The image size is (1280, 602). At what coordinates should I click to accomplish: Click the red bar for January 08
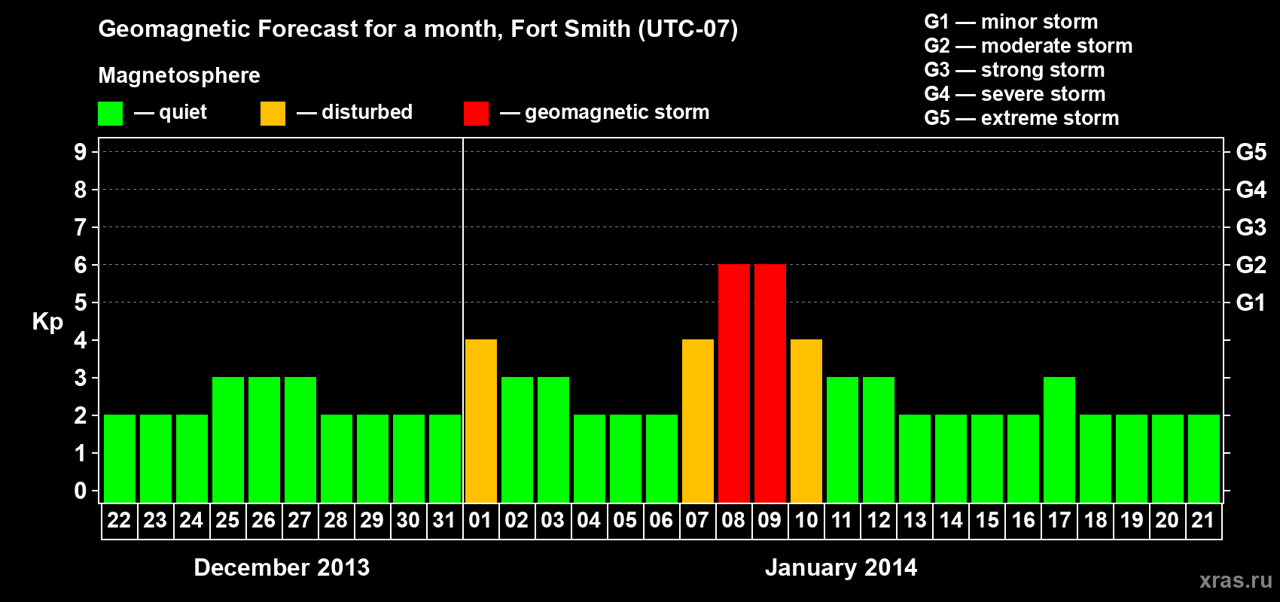(733, 384)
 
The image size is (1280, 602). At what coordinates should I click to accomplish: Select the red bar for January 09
(770, 384)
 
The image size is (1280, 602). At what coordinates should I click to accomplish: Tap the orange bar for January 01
(480, 421)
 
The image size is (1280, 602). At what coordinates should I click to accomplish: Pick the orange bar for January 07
(697, 421)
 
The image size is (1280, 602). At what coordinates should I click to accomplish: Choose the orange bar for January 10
(806, 421)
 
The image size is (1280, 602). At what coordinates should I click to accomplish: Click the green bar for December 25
(227, 440)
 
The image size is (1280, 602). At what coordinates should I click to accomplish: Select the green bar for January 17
(1059, 440)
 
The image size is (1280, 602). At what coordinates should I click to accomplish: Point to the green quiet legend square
(110, 114)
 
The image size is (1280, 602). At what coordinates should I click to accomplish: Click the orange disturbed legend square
(273, 114)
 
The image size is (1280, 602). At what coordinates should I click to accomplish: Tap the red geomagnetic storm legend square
(476, 114)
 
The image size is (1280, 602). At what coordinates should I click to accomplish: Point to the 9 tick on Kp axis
(81, 152)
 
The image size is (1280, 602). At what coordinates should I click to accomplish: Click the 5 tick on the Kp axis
(81, 303)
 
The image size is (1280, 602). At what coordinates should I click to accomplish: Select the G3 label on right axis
(1251, 227)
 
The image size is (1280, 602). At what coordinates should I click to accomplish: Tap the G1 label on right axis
(1251, 303)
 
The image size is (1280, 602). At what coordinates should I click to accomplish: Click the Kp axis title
(47, 322)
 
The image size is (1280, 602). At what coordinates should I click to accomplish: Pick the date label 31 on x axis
(444, 521)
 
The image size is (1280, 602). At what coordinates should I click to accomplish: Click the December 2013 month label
(282, 567)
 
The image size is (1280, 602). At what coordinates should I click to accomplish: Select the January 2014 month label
(841, 567)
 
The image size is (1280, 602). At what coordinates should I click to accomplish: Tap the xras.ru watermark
(1235, 580)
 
